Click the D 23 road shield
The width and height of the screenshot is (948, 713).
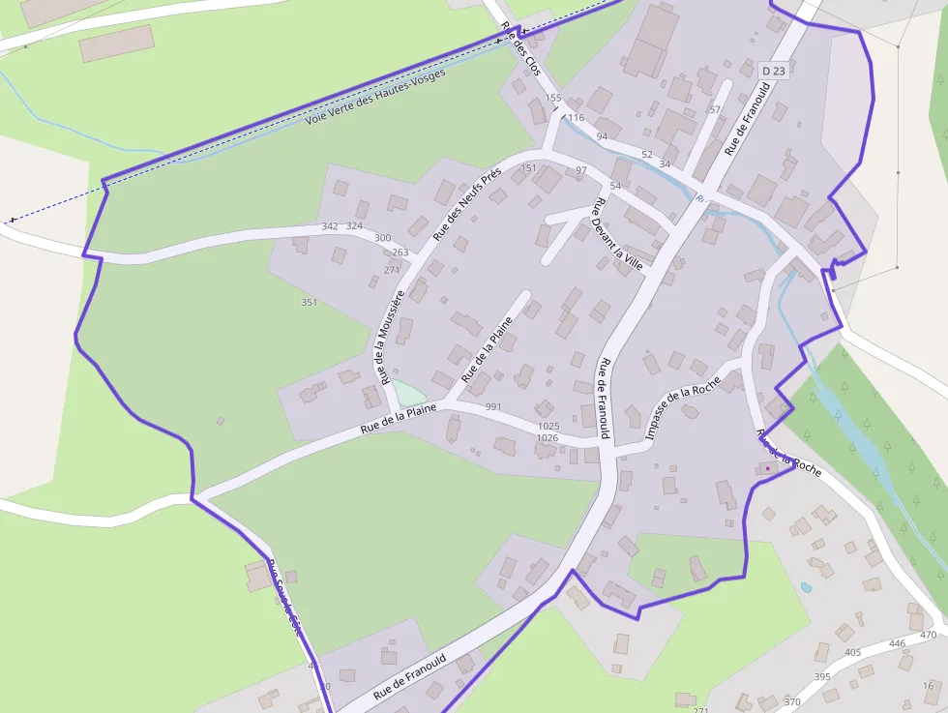pos(774,71)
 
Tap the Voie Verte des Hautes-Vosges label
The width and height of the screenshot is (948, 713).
pos(375,97)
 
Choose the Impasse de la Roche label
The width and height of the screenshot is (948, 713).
pos(682,407)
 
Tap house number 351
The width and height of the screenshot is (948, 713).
pos(310,303)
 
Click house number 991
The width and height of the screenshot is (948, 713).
pos(494,407)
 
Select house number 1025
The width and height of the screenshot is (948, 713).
pos(548,426)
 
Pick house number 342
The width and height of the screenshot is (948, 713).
pos(330,226)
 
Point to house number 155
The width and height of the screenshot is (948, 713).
pos(553,98)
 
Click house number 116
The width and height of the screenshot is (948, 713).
pos(577,118)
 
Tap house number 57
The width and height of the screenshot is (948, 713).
pos(715,109)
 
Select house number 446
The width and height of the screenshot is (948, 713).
pos(898,643)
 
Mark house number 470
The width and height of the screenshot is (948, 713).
pos(929,635)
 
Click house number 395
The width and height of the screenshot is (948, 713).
pos(822,677)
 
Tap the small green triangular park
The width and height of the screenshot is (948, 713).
pos(407,393)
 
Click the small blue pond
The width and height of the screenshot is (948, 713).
pos(806,586)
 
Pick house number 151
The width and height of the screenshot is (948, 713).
pos(528,168)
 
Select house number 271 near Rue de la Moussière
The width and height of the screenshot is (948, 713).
pos(392,270)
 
